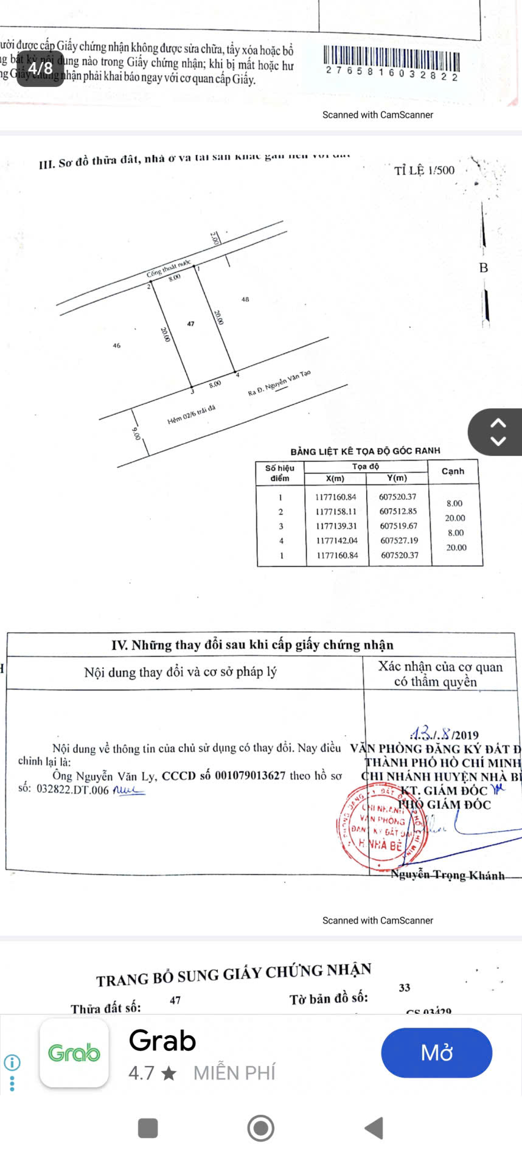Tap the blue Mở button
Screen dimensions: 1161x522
436,1053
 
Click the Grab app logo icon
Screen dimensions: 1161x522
74,1053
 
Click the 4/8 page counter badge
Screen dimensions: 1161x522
40,68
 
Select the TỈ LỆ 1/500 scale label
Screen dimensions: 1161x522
424,170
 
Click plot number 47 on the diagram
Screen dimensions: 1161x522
191,324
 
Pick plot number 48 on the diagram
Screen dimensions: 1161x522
245,299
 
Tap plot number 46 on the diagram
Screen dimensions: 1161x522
117,346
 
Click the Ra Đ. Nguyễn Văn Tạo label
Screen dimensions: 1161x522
279,384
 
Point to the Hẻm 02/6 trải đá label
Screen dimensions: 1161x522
191,415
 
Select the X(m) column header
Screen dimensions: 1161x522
335,479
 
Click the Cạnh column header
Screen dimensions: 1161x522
453,471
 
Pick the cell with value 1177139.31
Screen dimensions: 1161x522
336,526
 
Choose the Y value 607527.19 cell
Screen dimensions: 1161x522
399,540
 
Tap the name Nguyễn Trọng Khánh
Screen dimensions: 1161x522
448,875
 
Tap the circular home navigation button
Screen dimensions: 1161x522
261,1128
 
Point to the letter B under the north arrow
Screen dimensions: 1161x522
484,268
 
